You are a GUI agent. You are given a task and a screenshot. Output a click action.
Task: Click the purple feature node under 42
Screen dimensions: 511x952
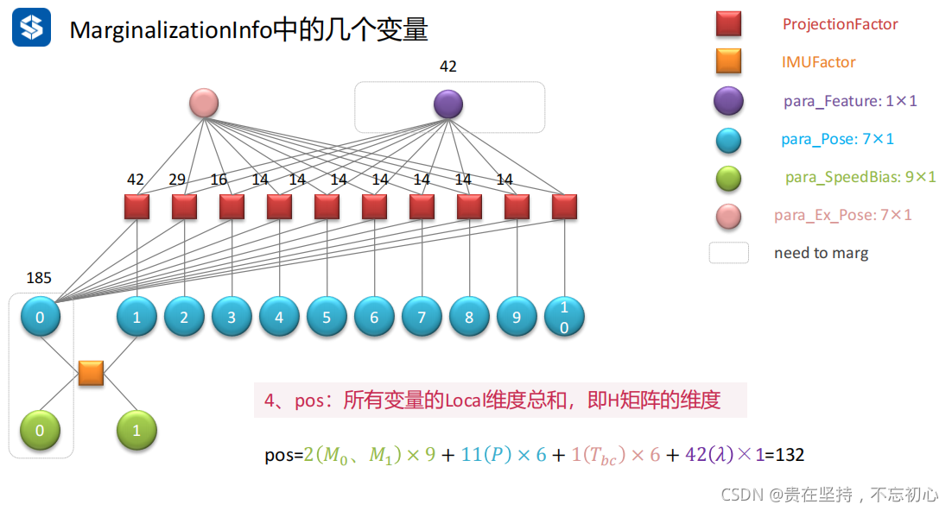pos(448,104)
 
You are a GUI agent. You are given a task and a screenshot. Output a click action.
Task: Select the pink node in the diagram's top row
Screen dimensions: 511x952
pos(204,104)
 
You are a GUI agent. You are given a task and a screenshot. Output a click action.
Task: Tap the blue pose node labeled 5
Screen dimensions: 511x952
pos(327,317)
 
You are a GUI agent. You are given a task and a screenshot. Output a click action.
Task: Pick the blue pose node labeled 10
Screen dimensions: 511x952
pos(564,317)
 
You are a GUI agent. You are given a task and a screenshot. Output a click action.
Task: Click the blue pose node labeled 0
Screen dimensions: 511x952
pos(41,317)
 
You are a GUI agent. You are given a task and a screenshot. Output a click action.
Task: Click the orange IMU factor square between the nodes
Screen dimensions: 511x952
pos(91,373)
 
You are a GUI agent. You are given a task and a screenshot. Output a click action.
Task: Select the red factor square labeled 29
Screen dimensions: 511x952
pos(184,207)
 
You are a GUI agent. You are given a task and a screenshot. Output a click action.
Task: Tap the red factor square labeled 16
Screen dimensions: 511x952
pos(232,207)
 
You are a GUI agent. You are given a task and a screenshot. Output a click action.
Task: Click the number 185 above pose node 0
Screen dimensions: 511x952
pos(39,278)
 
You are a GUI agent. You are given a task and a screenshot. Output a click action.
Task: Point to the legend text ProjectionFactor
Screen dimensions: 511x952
pos(840,24)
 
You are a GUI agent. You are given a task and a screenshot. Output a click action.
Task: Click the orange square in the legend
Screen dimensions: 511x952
pos(728,62)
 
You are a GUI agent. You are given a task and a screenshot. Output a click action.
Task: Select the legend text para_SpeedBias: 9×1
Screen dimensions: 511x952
pos(860,177)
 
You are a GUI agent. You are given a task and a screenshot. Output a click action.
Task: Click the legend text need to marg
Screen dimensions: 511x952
pos(821,253)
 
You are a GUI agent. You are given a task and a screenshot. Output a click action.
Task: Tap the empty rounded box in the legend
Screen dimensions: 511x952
pos(728,253)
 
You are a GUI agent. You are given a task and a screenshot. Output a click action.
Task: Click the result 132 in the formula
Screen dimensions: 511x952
pos(790,455)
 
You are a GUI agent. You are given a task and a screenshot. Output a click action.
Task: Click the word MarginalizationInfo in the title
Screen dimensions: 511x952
pos(170,30)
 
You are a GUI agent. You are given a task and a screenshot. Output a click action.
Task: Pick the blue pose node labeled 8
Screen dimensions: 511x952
pos(469,317)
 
